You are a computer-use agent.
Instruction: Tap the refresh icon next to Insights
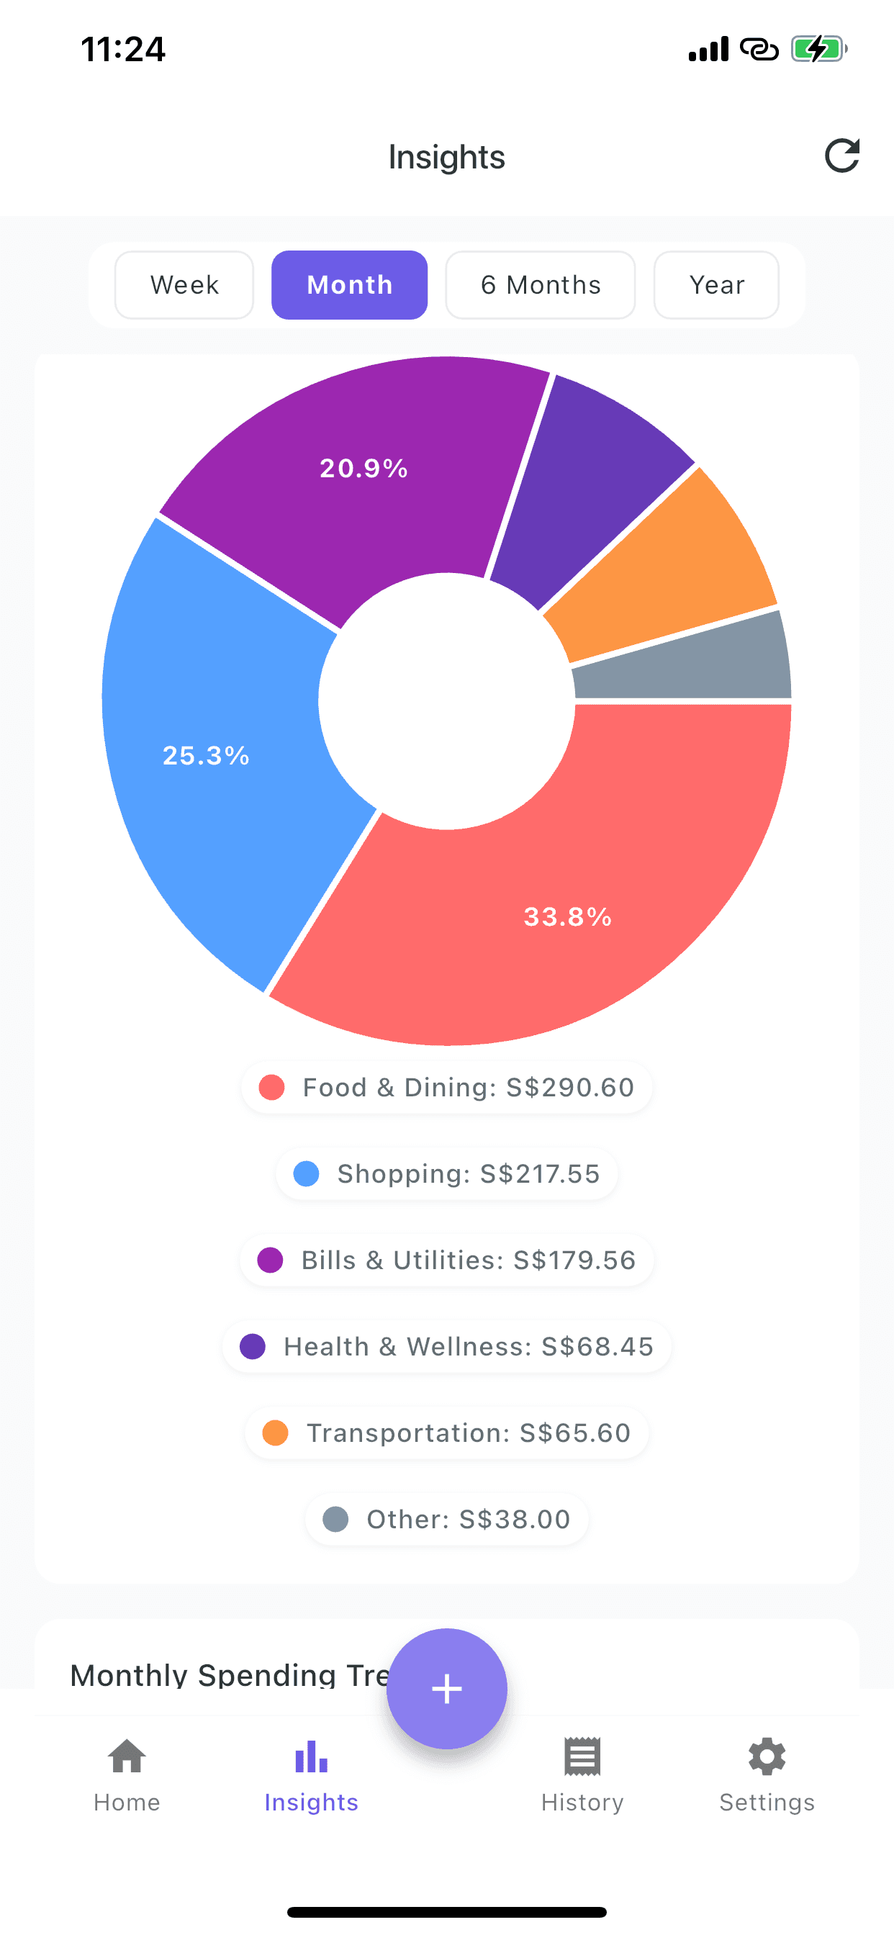click(x=841, y=155)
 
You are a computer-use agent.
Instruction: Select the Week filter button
click(x=184, y=284)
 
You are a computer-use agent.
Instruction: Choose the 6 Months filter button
click(x=540, y=284)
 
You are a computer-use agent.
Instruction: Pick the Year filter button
click(x=716, y=284)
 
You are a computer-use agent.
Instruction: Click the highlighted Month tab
click(x=349, y=284)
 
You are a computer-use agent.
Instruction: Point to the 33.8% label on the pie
click(x=567, y=916)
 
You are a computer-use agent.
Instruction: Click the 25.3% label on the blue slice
click(x=206, y=755)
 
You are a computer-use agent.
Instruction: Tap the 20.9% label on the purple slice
click(x=364, y=468)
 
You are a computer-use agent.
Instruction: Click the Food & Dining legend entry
click(x=446, y=1087)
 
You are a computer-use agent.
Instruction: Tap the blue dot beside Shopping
click(x=306, y=1173)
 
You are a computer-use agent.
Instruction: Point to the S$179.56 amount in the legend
click(x=574, y=1260)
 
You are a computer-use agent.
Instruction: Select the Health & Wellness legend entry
click(x=446, y=1346)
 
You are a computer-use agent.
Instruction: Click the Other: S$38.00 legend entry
click(x=446, y=1519)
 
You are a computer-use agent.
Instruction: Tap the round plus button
click(x=446, y=1688)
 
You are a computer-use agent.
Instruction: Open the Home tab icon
click(x=126, y=1758)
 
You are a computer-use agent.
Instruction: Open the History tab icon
click(x=582, y=1758)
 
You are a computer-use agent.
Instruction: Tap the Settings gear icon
click(x=767, y=1758)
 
